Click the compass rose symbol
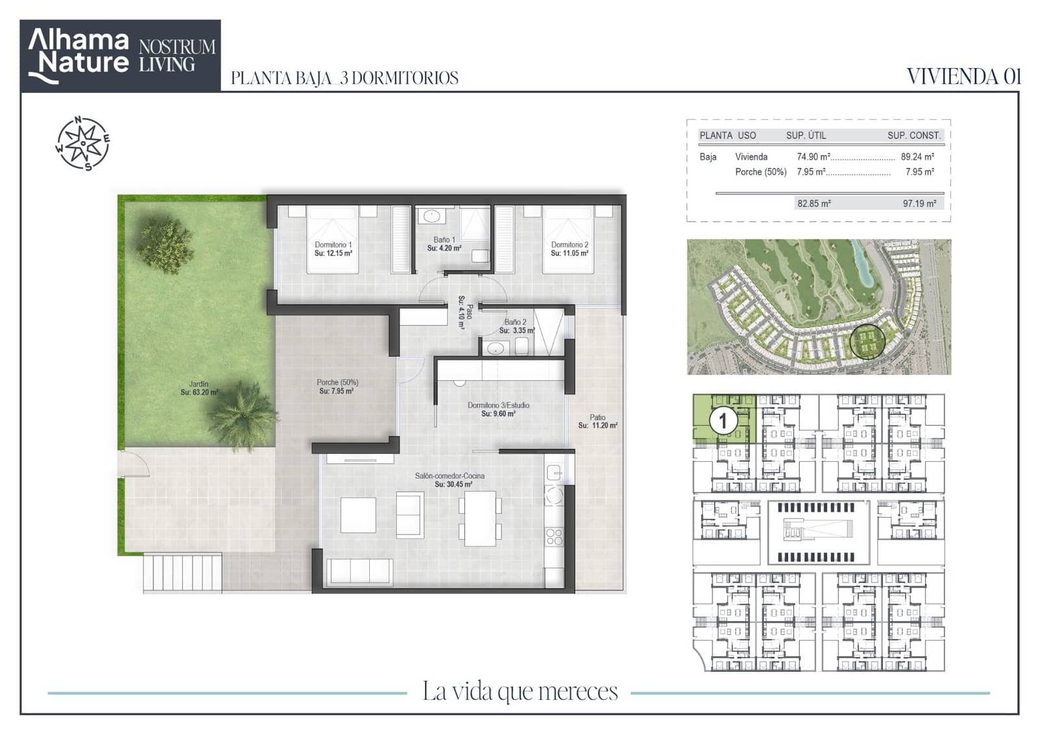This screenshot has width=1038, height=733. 83,143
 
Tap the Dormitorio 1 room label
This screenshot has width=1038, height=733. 333,245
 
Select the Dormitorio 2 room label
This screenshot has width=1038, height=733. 570,245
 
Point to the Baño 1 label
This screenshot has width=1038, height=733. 444,239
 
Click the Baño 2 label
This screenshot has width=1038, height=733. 515,322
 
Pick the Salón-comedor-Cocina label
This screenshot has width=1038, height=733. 450,476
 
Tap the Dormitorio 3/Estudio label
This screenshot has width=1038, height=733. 498,405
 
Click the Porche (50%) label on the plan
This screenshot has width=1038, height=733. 337,383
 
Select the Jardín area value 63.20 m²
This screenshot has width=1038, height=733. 199,392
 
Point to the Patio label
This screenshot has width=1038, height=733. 597,418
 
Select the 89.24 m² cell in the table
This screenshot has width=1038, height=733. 917,157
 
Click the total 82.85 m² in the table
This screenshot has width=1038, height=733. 814,204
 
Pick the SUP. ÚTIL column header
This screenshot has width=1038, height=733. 806,136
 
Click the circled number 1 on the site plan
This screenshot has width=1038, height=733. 723,421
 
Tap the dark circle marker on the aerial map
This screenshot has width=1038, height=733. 867,342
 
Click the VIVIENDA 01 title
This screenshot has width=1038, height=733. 964,77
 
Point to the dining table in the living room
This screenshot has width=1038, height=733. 480,518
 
